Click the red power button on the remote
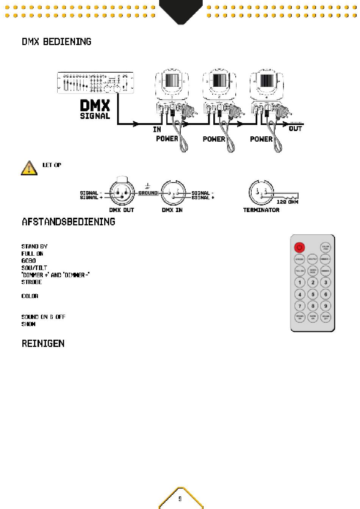click(299, 248)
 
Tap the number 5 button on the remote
click(313, 294)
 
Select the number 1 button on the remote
click(300, 282)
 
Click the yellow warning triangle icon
click(29, 168)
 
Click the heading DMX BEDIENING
click(56, 42)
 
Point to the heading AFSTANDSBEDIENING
click(68, 222)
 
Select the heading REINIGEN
click(43, 343)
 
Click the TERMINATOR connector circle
click(260, 192)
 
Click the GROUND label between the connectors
click(148, 193)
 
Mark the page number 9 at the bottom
click(180, 499)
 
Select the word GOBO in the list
click(28, 261)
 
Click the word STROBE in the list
click(31, 282)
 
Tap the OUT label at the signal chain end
click(295, 129)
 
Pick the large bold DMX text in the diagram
click(95, 106)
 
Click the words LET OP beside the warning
click(52, 165)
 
